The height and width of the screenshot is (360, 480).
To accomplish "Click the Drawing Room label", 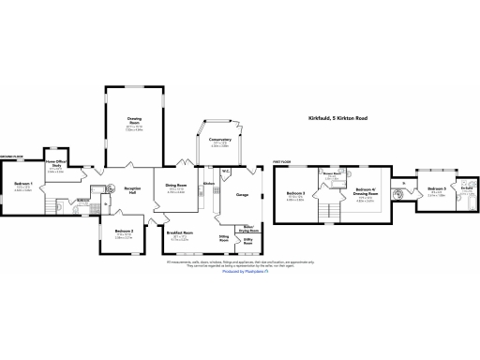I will coord(134,119).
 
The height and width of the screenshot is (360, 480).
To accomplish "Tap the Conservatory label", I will coord(220,141).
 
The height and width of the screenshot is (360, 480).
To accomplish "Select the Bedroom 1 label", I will coord(23,184).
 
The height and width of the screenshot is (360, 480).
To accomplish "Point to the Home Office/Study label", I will coord(55,165).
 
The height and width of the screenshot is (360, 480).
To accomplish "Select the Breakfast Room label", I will coord(181,232).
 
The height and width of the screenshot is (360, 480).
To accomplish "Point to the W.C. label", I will coord(227,171).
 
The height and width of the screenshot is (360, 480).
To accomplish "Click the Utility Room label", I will coord(247,240).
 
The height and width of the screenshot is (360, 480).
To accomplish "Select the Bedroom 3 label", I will coord(298,195).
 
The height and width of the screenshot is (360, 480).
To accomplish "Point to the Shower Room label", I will coord(331,173).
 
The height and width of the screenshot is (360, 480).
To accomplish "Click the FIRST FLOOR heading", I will coord(281,161).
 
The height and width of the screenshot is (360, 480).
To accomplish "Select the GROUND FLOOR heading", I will coord(11,157).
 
